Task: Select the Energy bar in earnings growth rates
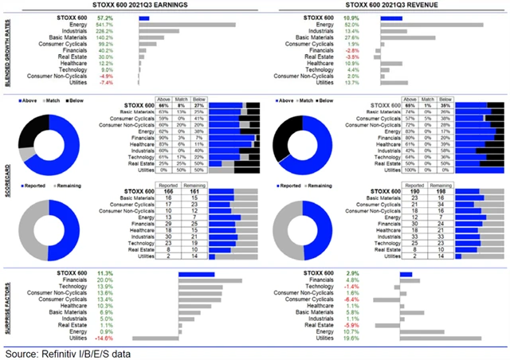pos(187,25)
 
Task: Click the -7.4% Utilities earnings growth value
pos(106,82)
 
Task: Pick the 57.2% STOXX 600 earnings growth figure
pos(104,17)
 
